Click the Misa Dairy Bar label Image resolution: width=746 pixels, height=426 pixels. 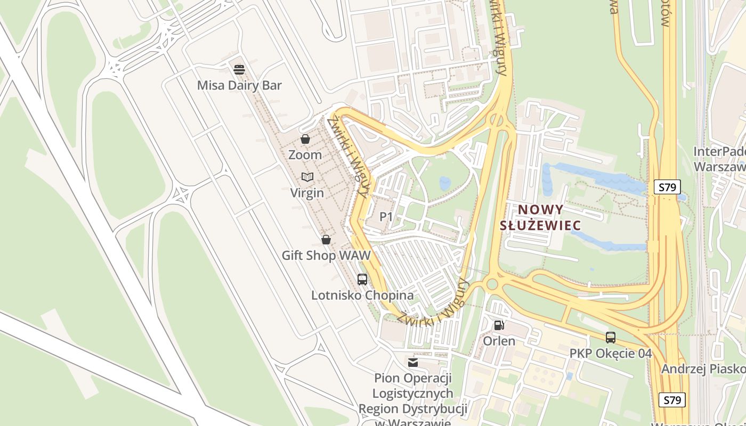click(x=239, y=85)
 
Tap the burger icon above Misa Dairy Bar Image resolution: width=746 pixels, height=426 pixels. click(x=239, y=69)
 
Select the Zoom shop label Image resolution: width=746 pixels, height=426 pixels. click(x=305, y=155)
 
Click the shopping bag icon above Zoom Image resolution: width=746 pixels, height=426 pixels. click(x=305, y=140)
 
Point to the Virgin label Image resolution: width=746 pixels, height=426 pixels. click(x=307, y=193)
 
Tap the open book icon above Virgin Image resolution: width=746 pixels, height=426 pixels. click(x=307, y=177)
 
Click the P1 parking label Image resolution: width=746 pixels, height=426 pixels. click(x=386, y=217)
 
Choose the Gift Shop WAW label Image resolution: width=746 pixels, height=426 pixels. click(x=326, y=256)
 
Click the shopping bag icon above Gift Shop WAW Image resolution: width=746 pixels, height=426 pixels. click(x=326, y=240)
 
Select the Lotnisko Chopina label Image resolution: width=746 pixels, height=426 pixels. click(x=362, y=295)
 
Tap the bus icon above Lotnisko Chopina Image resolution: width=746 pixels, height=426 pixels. click(x=362, y=279)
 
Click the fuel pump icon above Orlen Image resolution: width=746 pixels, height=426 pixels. click(x=499, y=325)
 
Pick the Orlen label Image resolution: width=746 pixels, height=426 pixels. click(x=499, y=341)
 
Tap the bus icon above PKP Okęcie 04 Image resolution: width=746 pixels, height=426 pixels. click(x=611, y=337)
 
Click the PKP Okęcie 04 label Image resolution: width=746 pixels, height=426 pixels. click(x=611, y=354)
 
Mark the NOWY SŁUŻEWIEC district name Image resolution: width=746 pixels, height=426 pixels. click(x=540, y=217)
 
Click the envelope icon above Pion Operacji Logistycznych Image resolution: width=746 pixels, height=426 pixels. click(x=413, y=363)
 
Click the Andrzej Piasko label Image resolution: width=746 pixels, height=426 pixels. click(x=703, y=369)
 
